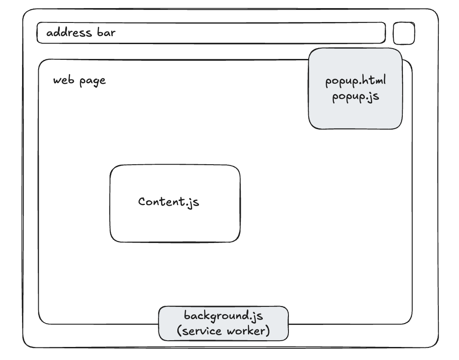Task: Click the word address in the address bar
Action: coord(69,33)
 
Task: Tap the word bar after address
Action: coord(106,33)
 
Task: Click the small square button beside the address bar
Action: coord(404,33)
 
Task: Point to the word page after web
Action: coord(93,81)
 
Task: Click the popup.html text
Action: coord(355,82)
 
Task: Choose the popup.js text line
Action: coord(355,97)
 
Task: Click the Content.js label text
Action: coord(169,202)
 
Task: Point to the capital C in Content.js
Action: coord(142,201)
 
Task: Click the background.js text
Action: coord(223,315)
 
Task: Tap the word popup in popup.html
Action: coord(341,82)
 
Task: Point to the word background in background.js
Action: coord(216,315)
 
